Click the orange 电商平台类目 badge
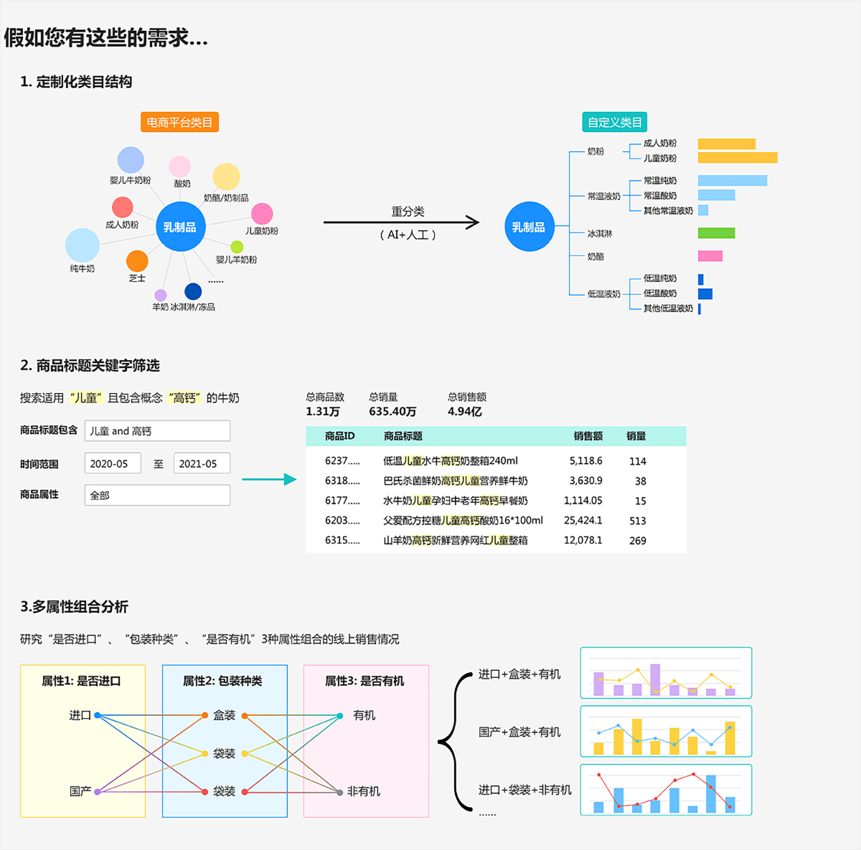[x=179, y=123]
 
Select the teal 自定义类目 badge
[x=614, y=123]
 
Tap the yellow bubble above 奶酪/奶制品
[x=226, y=177]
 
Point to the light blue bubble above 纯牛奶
[x=83, y=245]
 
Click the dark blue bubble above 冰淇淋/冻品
[x=193, y=291]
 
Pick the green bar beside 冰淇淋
[x=716, y=233]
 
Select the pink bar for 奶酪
[x=710, y=256]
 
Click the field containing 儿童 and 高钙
[x=157, y=431]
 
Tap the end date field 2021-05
[x=202, y=464]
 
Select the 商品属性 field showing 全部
[x=157, y=495]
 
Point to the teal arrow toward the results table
[x=269, y=479]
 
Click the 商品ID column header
[x=339, y=436]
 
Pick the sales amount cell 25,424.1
[x=583, y=521]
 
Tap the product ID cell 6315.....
[x=342, y=541]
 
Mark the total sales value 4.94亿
[x=464, y=412]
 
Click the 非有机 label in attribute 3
[x=363, y=791]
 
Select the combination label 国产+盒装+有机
[x=519, y=732]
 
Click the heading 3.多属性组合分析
[x=74, y=607]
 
